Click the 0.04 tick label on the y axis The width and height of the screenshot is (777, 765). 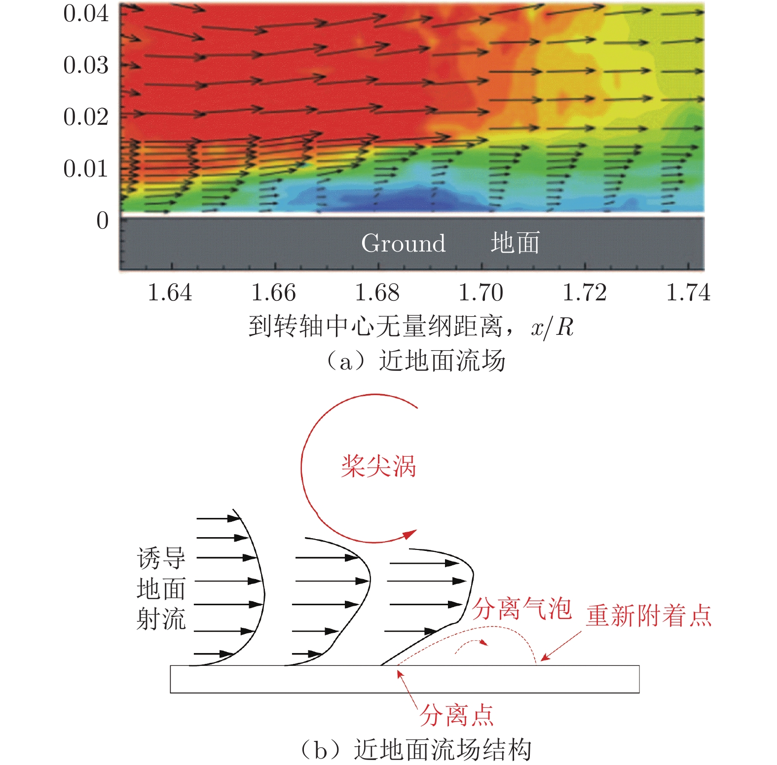[x=86, y=14]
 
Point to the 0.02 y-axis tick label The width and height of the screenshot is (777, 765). [x=86, y=117]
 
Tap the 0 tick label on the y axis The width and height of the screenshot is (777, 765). [x=102, y=220]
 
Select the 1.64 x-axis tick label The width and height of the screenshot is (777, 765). [x=170, y=292]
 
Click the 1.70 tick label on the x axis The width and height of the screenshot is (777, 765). [x=481, y=292]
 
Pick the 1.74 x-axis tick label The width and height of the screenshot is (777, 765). [x=688, y=292]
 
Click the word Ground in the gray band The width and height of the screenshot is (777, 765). [x=403, y=243]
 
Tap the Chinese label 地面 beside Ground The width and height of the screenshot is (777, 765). [x=515, y=243]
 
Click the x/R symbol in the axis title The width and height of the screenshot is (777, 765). [x=552, y=327]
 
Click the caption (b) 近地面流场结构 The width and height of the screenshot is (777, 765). [x=414, y=750]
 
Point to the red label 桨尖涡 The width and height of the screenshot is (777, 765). [x=378, y=466]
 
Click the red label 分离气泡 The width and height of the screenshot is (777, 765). [x=521, y=609]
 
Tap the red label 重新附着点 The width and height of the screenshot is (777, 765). [x=649, y=616]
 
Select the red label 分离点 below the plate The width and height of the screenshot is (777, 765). [x=456, y=715]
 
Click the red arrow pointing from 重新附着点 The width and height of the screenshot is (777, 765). [x=561, y=646]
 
